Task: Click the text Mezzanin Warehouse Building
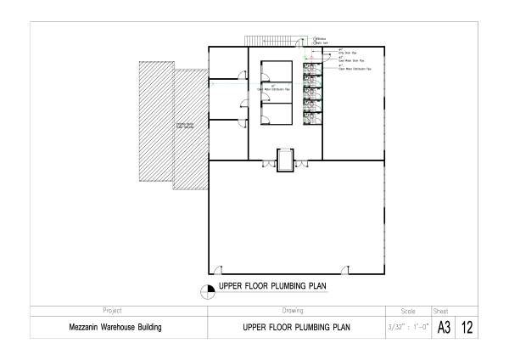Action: (115, 327)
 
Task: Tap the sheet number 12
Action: (467, 327)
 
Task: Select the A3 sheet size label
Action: (444, 327)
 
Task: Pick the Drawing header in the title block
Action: (293, 311)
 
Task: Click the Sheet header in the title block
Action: (441, 311)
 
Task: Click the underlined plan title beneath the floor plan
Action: (273, 286)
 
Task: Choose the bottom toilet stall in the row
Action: (313, 117)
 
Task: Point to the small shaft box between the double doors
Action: (284, 159)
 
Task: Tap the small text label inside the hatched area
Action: (186, 127)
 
